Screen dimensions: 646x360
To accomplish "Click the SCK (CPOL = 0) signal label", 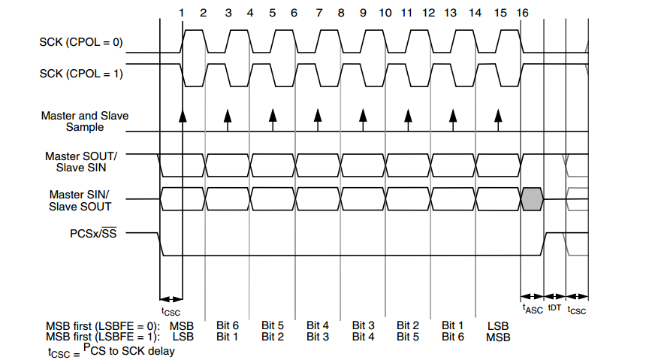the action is pos(81,42).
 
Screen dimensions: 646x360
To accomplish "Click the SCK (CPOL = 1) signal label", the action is pos(81,74).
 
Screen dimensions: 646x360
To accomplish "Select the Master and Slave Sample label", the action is pos(85,122).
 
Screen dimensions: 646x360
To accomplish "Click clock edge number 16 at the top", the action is pos(523,14).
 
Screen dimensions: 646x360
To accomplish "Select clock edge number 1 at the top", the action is pos(182,14).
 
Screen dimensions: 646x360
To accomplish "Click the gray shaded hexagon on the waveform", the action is pos(531,198).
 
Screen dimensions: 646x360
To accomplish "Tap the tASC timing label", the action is pos(532,307).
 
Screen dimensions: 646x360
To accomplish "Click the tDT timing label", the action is pos(554,307).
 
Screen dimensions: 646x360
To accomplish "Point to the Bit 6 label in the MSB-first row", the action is pos(228,325).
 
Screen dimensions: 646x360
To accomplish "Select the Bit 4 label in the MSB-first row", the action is pos(317,325).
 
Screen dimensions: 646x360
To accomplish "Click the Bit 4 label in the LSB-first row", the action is pos(362,337).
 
